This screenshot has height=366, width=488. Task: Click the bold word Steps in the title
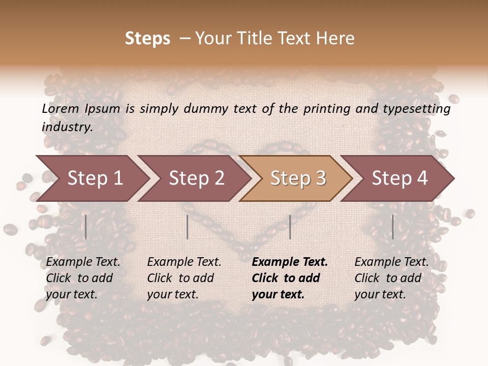tap(147, 39)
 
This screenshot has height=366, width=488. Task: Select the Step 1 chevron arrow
tap(91, 178)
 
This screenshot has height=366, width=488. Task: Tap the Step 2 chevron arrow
tap(196, 178)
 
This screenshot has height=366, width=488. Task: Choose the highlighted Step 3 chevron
tap(297, 178)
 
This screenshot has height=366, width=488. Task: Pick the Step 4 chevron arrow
tap(399, 178)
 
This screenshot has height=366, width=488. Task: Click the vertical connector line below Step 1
tap(86, 227)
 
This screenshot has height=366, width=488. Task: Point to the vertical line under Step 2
tap(188, 227)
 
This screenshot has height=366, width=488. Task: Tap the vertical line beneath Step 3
tap(290, 227)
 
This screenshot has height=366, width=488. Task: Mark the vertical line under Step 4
tap(392, 227)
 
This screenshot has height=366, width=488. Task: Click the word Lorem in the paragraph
tap(60, 108)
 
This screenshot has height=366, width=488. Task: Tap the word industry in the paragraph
tap(67, 127)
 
